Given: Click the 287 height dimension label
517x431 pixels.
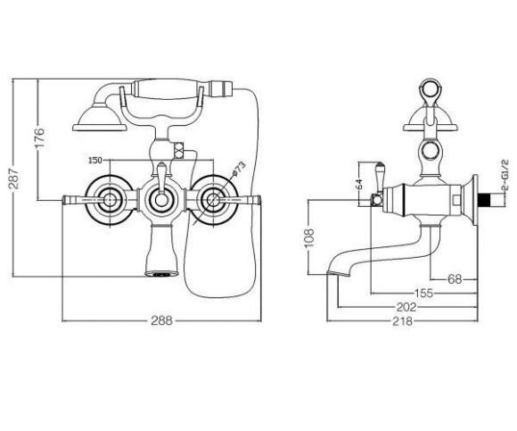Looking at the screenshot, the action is (14, 178).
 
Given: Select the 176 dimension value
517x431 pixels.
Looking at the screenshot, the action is (39, 137).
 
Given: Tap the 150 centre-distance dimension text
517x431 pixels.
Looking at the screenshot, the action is (95, 161).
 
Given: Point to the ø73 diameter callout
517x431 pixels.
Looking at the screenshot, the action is (239, 169).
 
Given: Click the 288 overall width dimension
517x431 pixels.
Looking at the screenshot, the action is (162, 320).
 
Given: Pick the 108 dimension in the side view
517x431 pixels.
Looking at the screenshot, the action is (309, 237).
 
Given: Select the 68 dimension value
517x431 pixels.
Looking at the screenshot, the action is (455, 279).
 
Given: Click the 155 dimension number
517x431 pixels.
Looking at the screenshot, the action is (423, 293).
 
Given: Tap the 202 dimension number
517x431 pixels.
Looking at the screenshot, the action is (406, 307).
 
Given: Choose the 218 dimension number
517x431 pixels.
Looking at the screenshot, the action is (402, 320).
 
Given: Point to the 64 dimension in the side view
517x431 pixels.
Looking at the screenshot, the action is (359, 184).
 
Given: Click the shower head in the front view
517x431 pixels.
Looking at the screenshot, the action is (100, 118).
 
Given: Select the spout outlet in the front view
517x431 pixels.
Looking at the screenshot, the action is (161, 273).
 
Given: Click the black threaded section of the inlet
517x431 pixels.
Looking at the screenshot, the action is (483, 201).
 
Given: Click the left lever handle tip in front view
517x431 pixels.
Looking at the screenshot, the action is (64, 199).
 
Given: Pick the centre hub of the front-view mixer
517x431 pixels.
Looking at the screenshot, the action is (161, 199).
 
